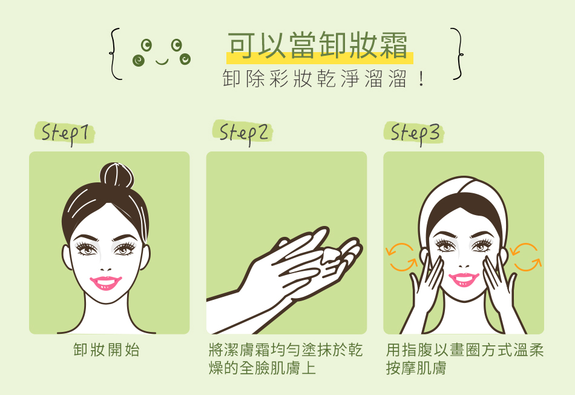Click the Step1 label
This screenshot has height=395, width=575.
[65, 133]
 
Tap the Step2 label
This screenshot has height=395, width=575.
[243, 133]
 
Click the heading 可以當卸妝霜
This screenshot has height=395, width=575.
[318, 45]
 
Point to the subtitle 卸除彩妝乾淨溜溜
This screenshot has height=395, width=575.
[315, 79]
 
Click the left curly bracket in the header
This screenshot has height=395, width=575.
[115, 53]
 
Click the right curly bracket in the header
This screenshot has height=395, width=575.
[457, 53]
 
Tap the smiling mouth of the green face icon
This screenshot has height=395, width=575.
[162, 62]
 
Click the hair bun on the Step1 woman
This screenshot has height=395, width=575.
[117, 175]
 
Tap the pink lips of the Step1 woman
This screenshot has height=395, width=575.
[105, 283]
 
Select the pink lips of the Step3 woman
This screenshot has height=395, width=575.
[464, 279]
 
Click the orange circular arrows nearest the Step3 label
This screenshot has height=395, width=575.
[401, 257]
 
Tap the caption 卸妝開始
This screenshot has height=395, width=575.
[107, 350]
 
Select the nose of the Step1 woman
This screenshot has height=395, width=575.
[105, 267]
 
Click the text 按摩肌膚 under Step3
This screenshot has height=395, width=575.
[416, 368]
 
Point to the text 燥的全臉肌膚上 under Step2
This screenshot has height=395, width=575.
[263, 368]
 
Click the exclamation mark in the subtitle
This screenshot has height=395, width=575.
[421, 79]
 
